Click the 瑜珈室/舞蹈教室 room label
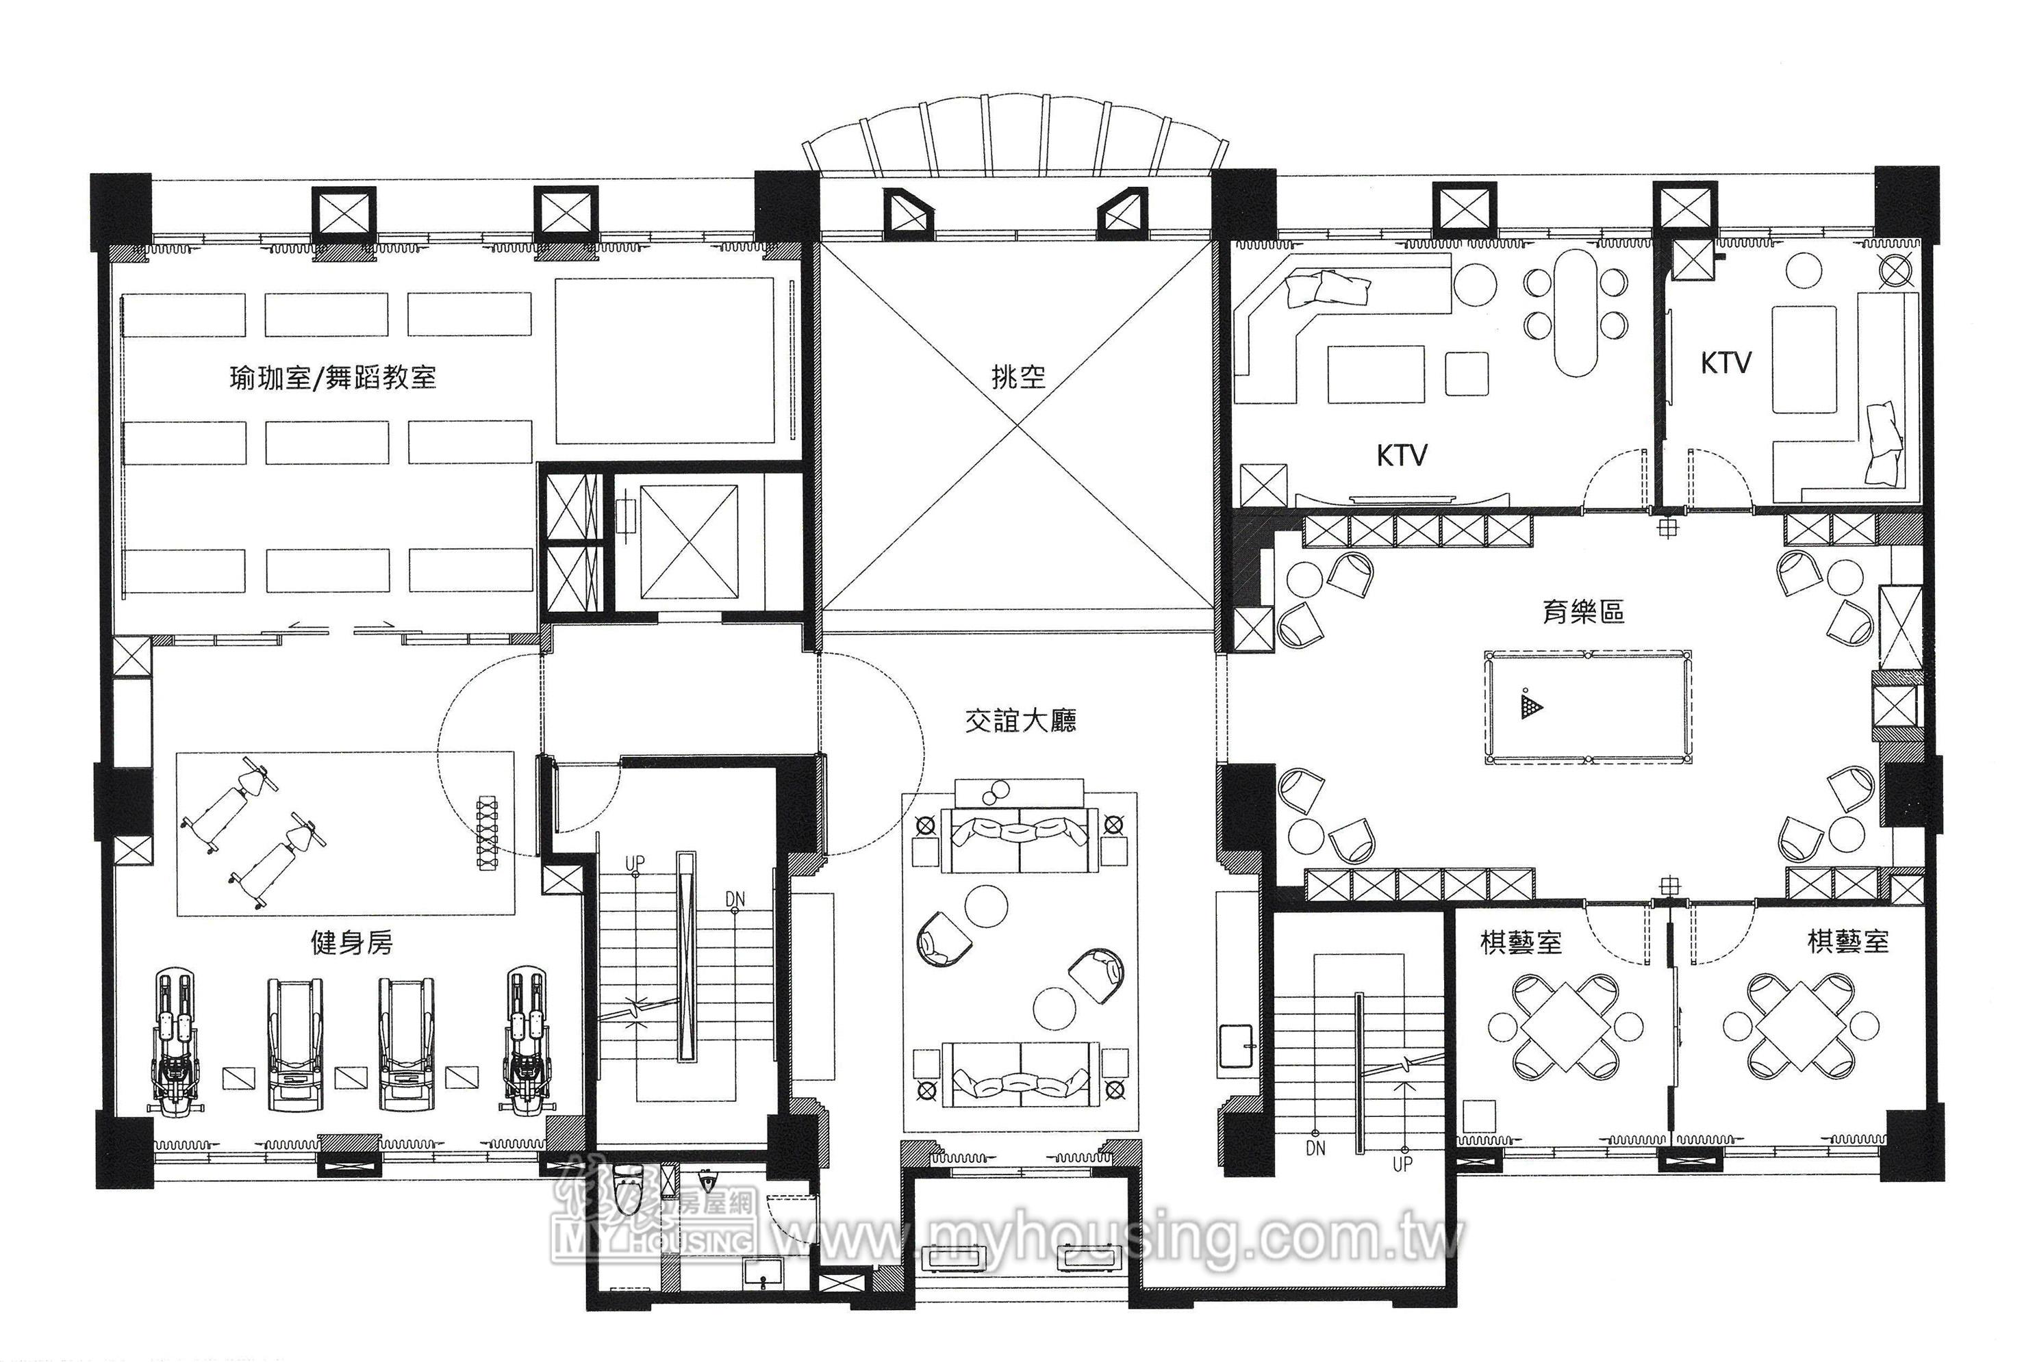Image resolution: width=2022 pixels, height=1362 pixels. click(x=333, y=378)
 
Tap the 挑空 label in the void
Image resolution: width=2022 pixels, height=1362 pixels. click(x=1018, y=377)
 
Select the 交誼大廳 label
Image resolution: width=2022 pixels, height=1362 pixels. click(x=1020, y=721)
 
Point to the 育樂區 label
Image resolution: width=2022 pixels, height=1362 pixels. click(x=1583, y=613)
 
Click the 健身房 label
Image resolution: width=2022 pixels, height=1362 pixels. click(x=352, y=942)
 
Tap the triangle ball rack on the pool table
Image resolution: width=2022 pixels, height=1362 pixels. click(x=1531, y=704)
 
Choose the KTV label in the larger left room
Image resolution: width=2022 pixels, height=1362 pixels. click(x=1402, y=455)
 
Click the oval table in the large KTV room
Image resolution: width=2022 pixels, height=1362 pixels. click(x=1576, y=313)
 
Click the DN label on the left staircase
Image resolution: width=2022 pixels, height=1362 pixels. click(x=735, y=899)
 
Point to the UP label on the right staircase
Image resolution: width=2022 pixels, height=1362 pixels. click(x=1402, y=1163)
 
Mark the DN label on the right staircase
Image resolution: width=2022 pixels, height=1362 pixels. click(x=1315, y=1148)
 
